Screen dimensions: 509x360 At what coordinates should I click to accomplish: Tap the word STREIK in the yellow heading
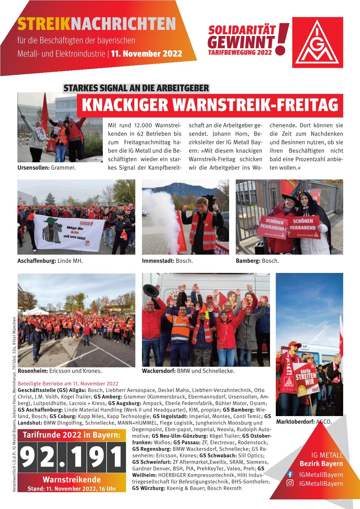tap(44, 24)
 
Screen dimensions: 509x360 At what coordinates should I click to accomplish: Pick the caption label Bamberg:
tap(248, 261)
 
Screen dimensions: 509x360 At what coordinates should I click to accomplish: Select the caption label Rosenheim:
tap(33, 371)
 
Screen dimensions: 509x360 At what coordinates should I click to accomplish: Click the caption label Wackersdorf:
tap(159, 371)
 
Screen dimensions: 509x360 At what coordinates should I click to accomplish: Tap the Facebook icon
tap(290, 474)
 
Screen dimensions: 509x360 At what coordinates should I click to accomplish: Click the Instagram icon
tap(290, 483)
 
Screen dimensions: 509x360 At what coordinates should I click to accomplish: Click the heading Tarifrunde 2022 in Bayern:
tap(72, 435)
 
